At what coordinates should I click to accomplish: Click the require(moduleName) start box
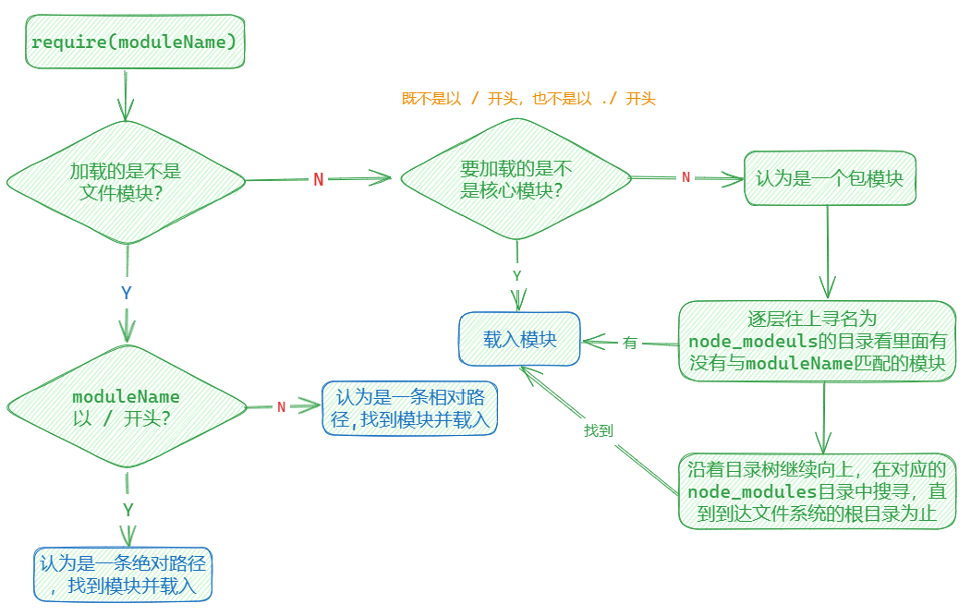[135, 42]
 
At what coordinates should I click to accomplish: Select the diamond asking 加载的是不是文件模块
[126, 180]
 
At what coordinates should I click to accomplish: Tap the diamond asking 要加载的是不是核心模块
[516, 179]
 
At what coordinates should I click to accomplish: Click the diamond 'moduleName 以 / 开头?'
[126, 406]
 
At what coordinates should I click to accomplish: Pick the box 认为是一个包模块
[829, 178]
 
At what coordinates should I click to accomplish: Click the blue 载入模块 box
[520, 339]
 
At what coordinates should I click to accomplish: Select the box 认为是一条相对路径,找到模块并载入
[409, 409]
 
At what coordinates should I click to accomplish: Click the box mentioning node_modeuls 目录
[818, 341]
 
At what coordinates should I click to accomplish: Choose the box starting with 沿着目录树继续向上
[818, 491]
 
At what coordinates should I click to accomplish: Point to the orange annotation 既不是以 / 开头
[528, 99]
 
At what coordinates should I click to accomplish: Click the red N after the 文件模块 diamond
[319, 179]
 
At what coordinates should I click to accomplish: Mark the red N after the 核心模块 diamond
[686, 177]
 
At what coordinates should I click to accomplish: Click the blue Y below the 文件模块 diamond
[127, 293]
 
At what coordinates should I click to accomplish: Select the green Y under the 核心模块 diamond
[517, 275]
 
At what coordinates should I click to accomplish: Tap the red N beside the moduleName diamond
[281, 407]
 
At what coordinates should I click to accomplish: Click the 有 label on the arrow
[630, 343]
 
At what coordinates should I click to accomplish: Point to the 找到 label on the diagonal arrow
[598, 430]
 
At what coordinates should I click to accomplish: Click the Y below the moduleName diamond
[128, 510]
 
